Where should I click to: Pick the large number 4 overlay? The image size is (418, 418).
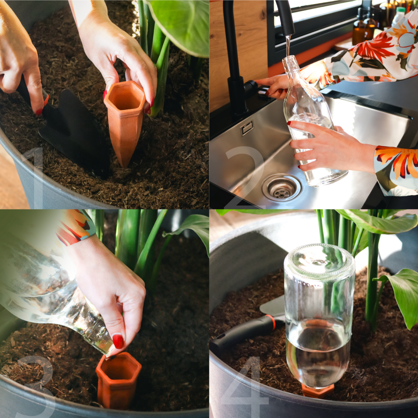[x=245, y=387]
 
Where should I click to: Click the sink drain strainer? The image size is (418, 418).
[x=282, y=188]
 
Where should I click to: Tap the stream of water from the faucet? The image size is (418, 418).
[x=288, y=46]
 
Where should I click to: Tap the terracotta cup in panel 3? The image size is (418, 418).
[x=118, y=380]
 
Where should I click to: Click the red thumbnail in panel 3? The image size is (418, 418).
[x=118, y=341]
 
